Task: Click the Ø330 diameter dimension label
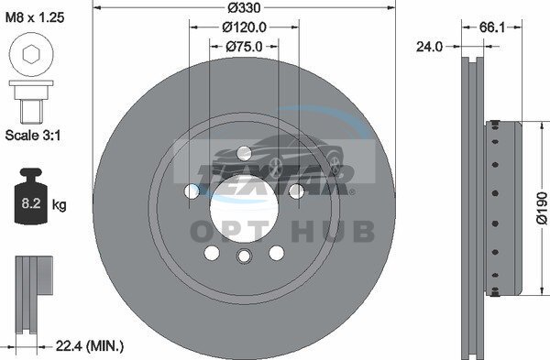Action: point(244,7)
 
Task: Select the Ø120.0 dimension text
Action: point(244,27)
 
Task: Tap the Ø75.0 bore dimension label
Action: point(244,47)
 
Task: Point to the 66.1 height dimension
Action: point(491,27)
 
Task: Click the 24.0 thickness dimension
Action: point(429,47)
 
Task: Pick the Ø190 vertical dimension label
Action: point(542,208)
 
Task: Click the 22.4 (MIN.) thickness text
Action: point(90,346)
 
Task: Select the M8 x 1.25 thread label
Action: point(35,17)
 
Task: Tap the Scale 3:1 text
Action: point(33,135)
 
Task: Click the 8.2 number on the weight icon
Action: point(31,203)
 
